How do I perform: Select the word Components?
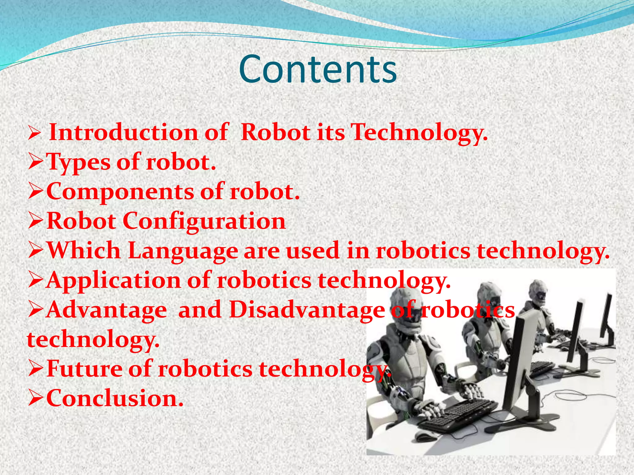tap(120, 192)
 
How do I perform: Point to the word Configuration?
tap(204, 221)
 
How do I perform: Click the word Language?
tap(183, 251)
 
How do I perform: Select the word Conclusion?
tap(115, 398)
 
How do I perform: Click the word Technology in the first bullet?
tap(419, 132)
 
